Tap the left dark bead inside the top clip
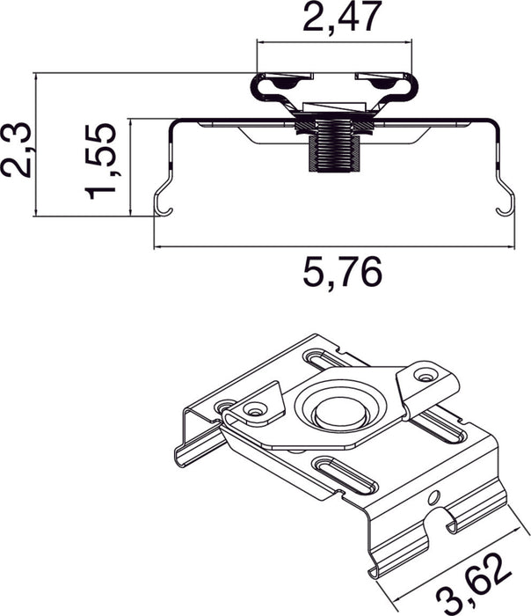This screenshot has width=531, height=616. click(287, 84)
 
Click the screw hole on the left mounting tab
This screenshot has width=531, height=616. click(256, 410)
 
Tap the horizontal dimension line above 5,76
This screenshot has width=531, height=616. click(332, 247)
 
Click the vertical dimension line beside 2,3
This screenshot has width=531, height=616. click(35, 145)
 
